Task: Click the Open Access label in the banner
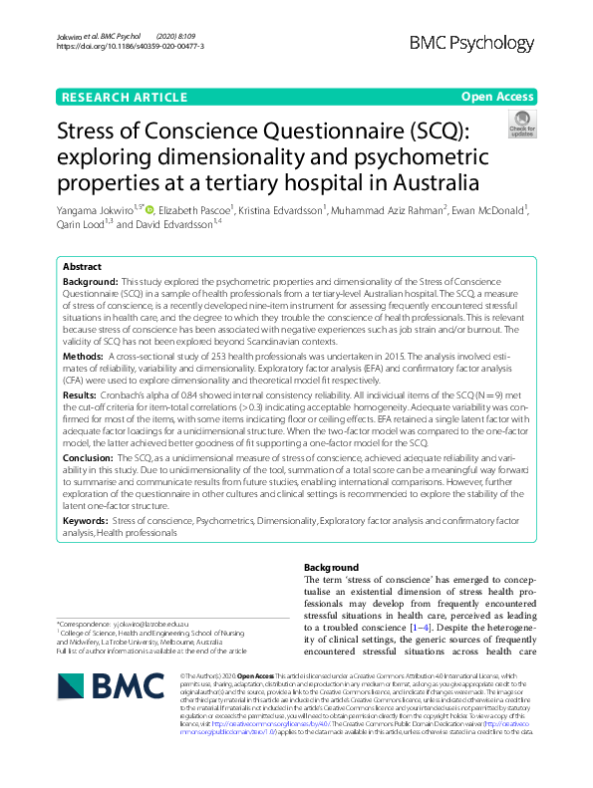(x=497, y=97)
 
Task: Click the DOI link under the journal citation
(x=131, y=46)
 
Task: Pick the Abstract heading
(x=82, y=268)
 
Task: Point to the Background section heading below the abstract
(x=330, y=567)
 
